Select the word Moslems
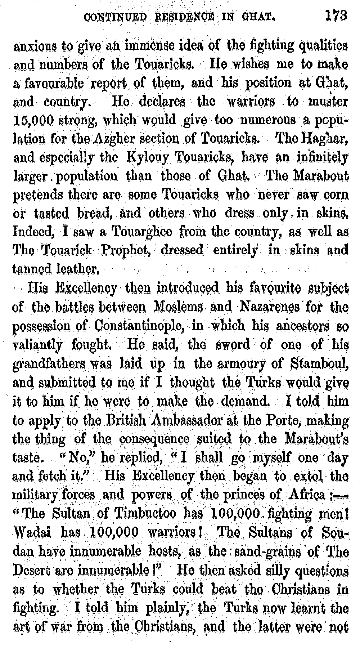pyautogui.click(x=179, y=307)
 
